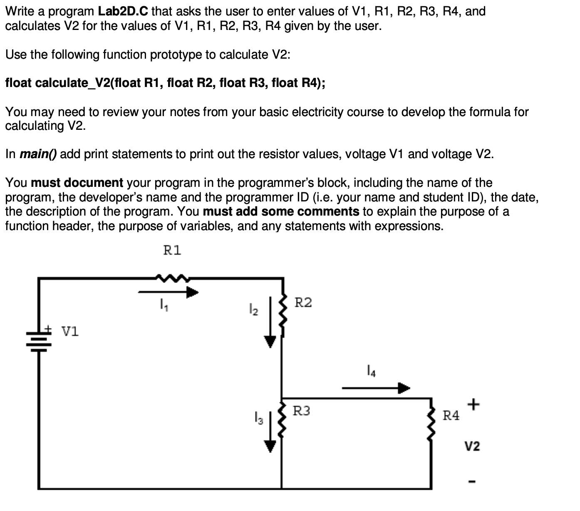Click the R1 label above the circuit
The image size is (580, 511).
click(x=172, y=251)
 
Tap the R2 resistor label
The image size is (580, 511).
click(x=303, y=303)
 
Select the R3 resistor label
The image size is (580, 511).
click(x=302, y=411)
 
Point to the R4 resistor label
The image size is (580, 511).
click(x=451, y=415)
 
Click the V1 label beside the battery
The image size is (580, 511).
click(x=70, y=332)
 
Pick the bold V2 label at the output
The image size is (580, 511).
click(x=472, y=447)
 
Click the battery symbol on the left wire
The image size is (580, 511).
click(x=40, y=339)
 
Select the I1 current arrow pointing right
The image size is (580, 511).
click(x=168, y=292)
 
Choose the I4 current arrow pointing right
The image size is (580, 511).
click(x=376, y=388)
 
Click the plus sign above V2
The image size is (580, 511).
click(x=473, y=404)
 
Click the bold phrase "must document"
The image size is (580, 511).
click(x=77, y=183)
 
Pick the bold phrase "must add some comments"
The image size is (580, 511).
click(x=281, y=211)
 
